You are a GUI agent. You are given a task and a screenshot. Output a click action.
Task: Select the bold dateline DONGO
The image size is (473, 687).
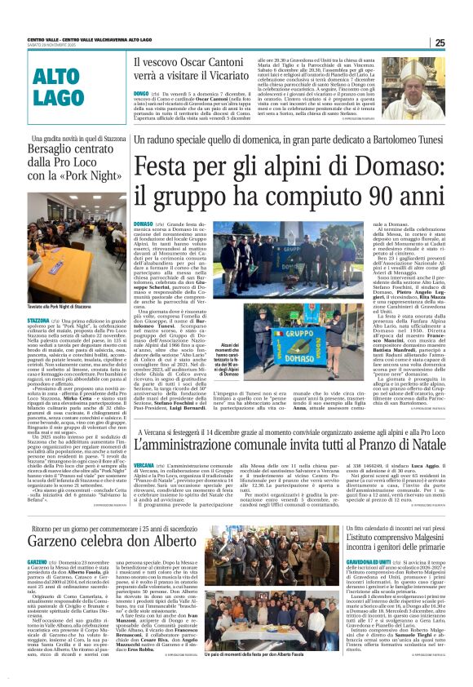(x=140, y=94)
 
